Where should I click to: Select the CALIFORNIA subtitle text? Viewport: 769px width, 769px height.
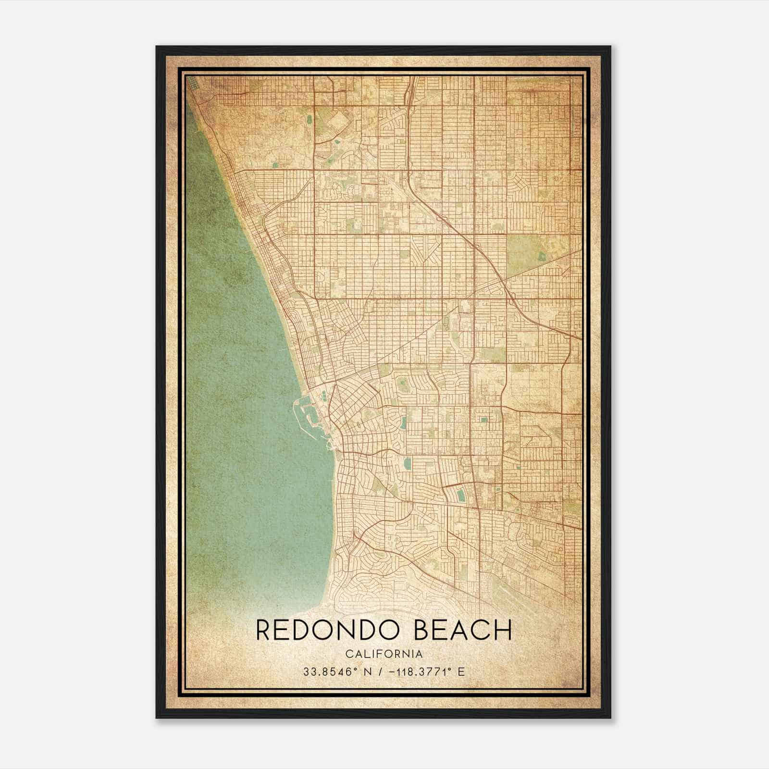pyautogui.click(x=384, y=654)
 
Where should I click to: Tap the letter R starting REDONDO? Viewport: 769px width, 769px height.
pyautogui.click(x=263, y=630)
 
